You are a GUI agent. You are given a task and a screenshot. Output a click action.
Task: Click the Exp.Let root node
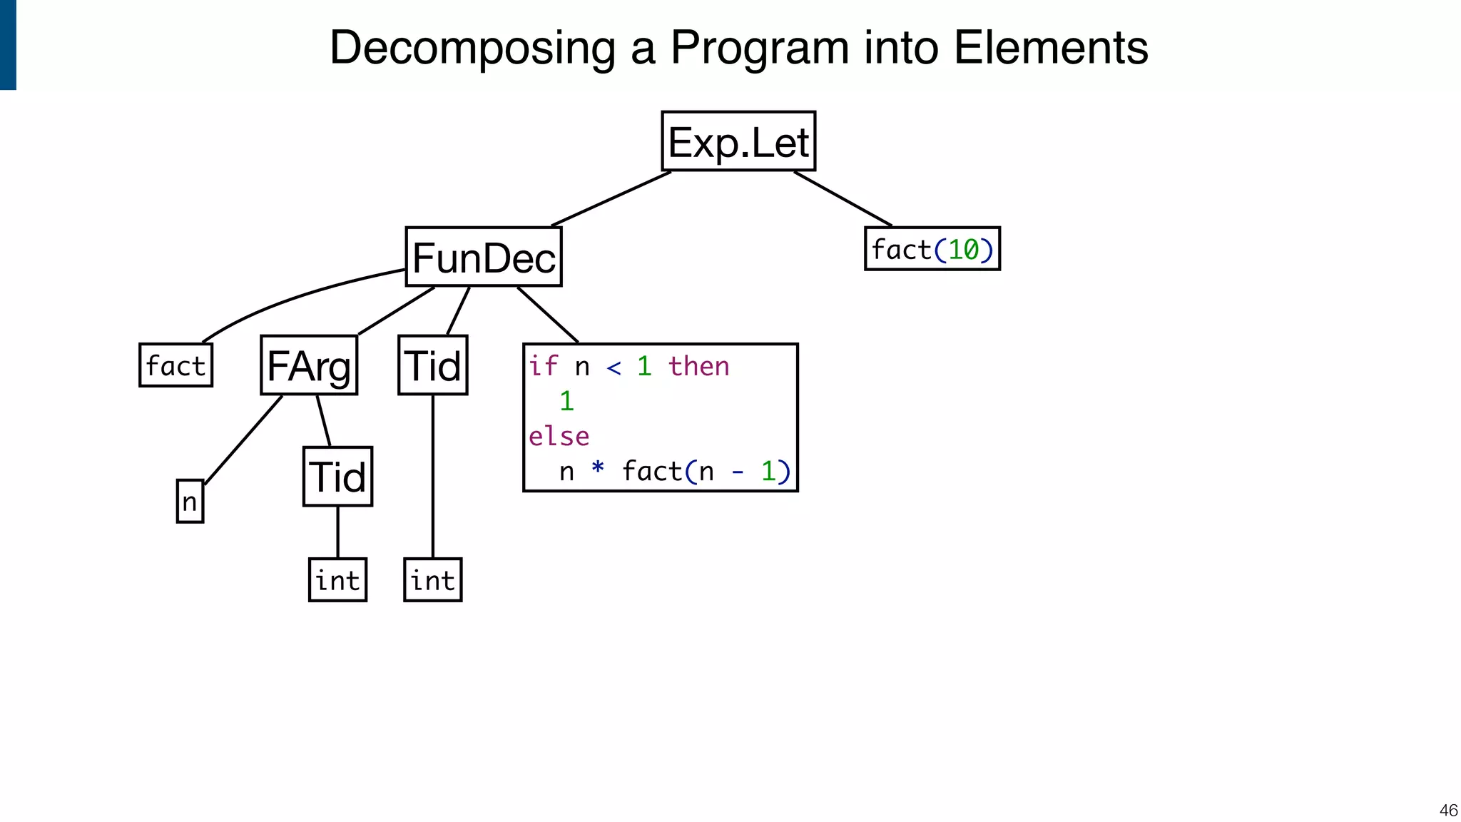[738, 141]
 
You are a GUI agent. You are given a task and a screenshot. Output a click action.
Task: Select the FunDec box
[484, 257]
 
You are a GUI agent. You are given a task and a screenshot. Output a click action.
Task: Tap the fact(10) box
[932, 249]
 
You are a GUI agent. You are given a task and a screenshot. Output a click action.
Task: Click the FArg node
[309, 365]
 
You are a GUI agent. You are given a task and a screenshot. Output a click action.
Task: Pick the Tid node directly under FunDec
[432, 365]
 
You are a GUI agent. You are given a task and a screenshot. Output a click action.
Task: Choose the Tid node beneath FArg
[337, 477]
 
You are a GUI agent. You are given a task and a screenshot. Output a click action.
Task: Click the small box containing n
[190, 501]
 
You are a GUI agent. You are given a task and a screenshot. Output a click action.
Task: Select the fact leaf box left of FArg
[175, 365]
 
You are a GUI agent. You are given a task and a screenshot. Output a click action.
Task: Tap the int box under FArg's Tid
[337, 580]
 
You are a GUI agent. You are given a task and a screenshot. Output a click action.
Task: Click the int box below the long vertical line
[432, 580]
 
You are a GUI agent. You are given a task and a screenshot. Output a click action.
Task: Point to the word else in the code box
[559, 436]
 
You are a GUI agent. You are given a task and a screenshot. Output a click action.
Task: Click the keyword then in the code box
[698, 366]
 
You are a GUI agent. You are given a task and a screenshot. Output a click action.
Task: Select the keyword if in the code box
[543, 366]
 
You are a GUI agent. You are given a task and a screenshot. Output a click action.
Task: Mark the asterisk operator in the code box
[598, 470]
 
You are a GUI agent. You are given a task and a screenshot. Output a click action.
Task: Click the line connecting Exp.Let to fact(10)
[843, 198]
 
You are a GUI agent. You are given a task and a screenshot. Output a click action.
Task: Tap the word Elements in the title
[1050, 48]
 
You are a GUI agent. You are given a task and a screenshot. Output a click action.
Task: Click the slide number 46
[1448, 810]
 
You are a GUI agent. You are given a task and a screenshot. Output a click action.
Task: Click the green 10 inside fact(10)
[963, 250]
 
